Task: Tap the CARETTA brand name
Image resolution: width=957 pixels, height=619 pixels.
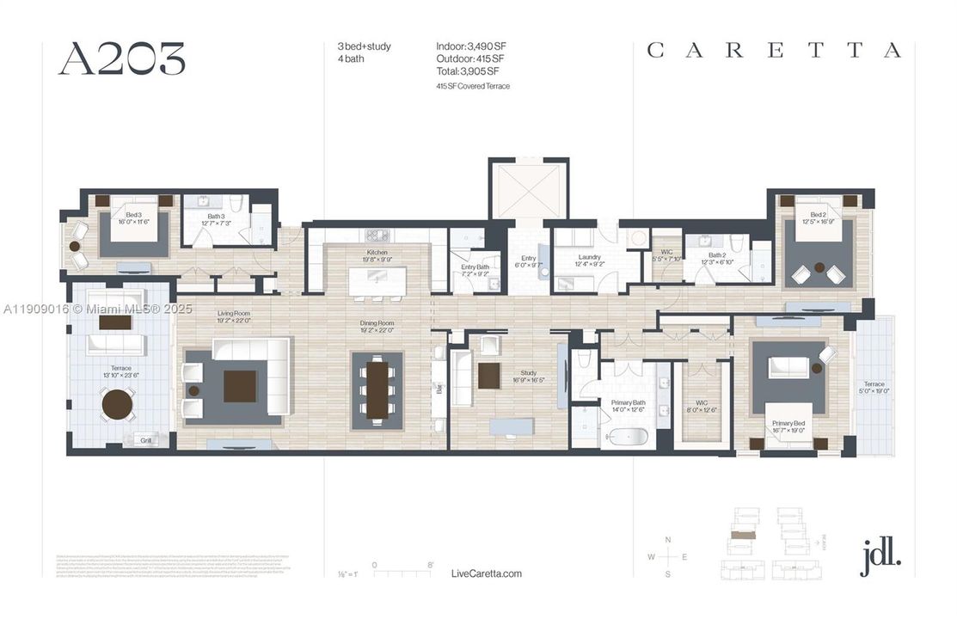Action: click(773, 51)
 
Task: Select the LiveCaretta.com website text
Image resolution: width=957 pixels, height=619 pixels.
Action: click(486, 573)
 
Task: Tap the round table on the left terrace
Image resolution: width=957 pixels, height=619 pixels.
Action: click(118, 404)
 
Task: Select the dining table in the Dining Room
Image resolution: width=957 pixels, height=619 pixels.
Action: click(377, 389)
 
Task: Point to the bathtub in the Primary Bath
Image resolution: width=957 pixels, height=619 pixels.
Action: click(624, 438)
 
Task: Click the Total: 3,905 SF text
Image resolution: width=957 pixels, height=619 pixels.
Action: click(467, 71)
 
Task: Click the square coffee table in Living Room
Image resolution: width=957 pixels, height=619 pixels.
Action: click(240, 386)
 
